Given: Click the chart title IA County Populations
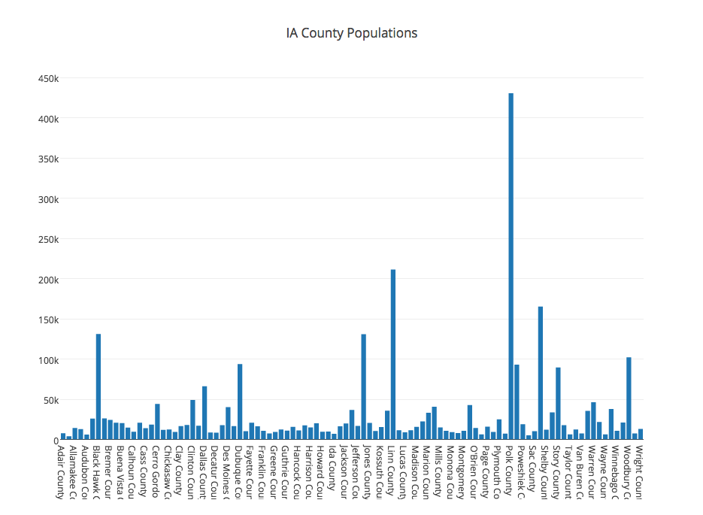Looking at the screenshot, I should (351, 33).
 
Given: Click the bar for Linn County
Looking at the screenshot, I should (393, 353).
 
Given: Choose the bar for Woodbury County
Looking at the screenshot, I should (629, 398).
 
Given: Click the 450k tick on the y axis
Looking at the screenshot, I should (47, 79).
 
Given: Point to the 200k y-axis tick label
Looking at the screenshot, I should (47, 280).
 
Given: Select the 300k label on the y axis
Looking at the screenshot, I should (47, 199).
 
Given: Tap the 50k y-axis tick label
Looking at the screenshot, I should (50, 400).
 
